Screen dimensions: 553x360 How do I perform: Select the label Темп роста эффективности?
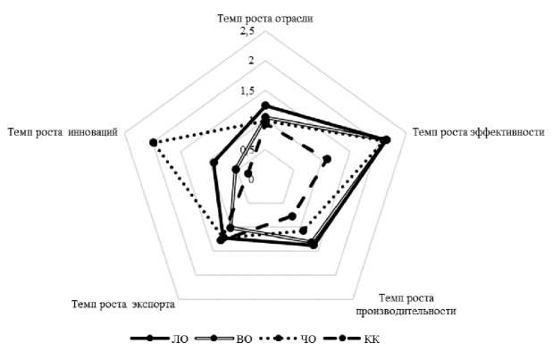click(479, 131)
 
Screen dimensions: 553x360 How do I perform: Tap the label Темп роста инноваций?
click(63, 131)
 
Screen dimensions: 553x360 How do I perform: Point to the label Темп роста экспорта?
click(122, 304)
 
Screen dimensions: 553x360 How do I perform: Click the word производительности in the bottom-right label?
click(406, 311)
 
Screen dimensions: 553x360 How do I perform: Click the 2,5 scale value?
click(246, 33)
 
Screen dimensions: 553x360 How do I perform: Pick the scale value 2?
click(251, 62)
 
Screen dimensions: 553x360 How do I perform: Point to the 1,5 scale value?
click(246, 91)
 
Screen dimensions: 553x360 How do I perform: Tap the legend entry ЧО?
click(308, 339)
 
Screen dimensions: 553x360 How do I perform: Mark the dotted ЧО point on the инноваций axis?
click(153, 142)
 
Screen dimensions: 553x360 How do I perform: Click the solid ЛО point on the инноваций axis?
click(214, 163)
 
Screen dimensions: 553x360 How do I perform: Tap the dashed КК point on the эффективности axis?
click(326, 160)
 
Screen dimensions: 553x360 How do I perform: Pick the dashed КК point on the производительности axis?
click(292, 217)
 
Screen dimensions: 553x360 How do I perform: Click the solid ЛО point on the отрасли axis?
click(264, 105)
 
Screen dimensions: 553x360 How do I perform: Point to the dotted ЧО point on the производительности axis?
click(306, 234)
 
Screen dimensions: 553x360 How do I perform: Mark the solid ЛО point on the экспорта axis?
click(222, 238)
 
